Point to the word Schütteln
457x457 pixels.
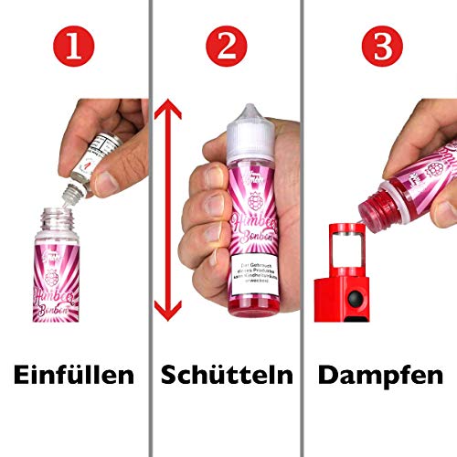pos(228,375)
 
